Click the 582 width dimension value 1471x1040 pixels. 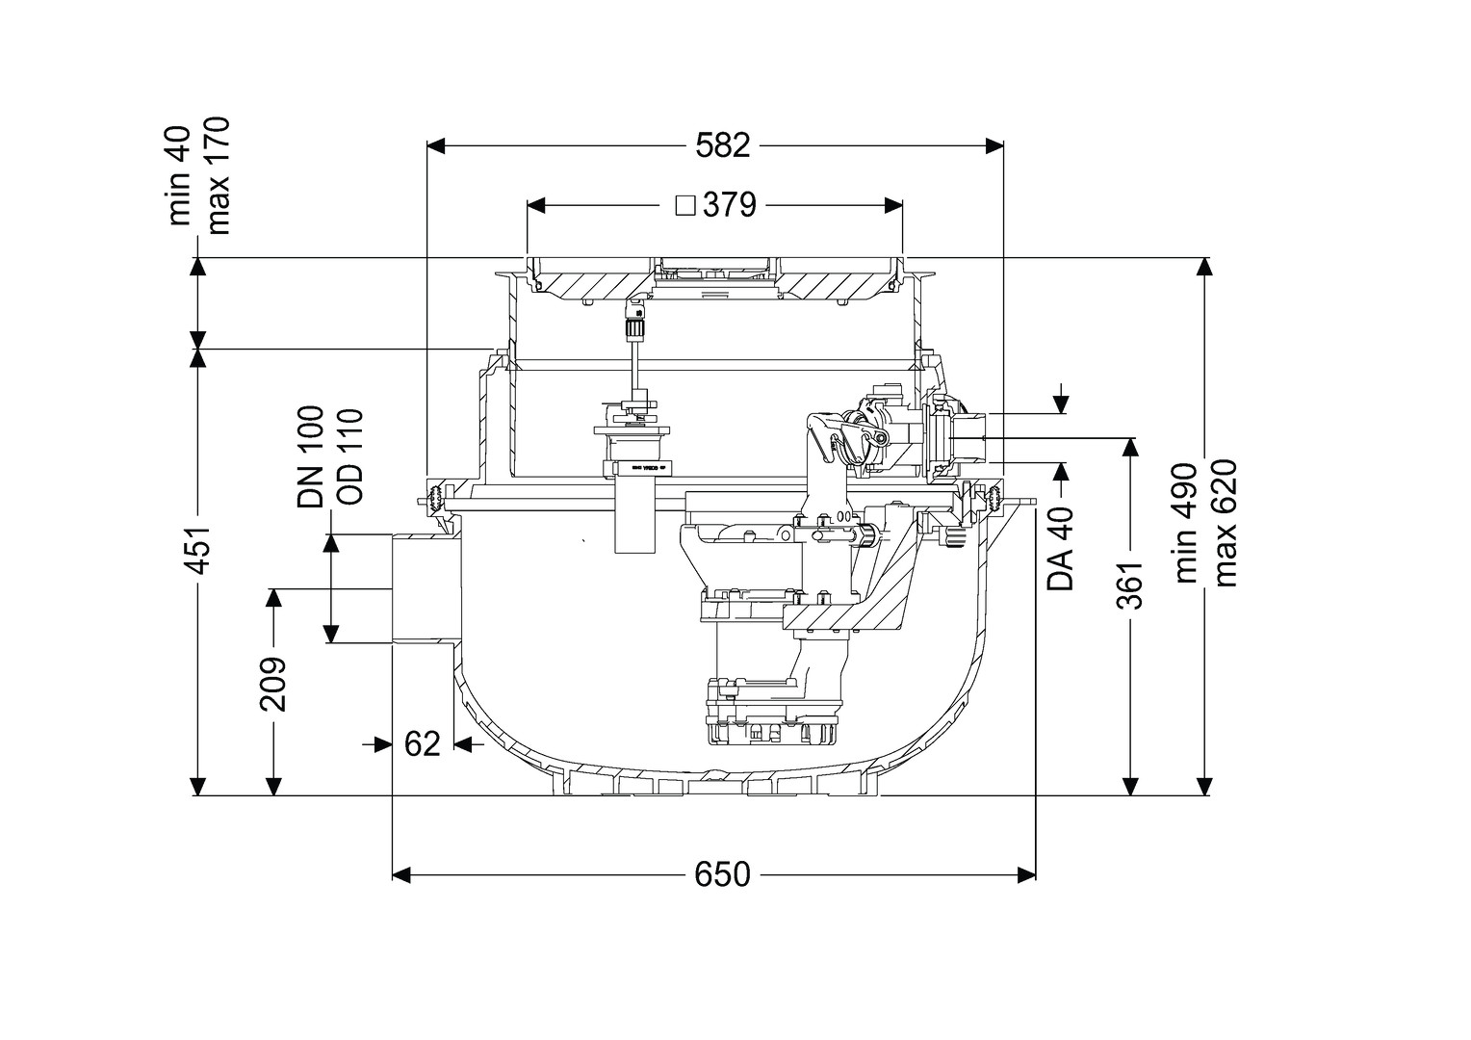pos(722,146)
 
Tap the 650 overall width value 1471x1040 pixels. pos(722,874)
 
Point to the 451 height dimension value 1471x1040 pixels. pos(197,551)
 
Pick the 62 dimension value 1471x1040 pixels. pos(423,743)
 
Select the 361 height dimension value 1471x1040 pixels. pos(1130,585)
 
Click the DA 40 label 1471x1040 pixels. pos(1061,550)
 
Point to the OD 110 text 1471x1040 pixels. pos(349,456)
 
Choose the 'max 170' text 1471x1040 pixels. pos(219,175)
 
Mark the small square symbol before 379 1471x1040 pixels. pos(685,206)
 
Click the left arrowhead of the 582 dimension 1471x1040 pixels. pos(435,146)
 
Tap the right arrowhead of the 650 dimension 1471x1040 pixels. pos(1027,874)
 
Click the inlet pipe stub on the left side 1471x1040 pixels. pos(422,589)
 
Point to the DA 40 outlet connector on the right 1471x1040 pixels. pos(970,438)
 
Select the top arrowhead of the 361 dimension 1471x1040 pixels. pos(1130,446)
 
